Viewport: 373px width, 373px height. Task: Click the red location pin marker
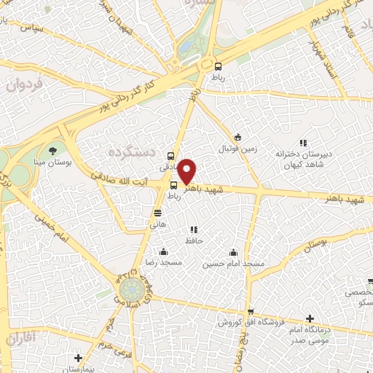[x=187, y=171]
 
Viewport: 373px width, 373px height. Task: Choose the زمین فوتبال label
[x=237, y=149]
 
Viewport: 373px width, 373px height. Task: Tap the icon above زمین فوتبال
[x=237, y=137]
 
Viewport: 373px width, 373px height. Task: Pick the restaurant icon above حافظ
[x=193, y=229]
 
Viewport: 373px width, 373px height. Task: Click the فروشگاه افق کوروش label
[x=251, y=322]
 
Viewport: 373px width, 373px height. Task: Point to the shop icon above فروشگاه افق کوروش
[x=249, y=311]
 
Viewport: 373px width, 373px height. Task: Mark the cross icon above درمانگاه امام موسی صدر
[x=310, y=319]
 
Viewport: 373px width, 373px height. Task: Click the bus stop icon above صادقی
[x=170, y=155]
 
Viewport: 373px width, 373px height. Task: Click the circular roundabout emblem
[x=131, y=290]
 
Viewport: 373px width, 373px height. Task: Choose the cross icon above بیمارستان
[x=78, y=358]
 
